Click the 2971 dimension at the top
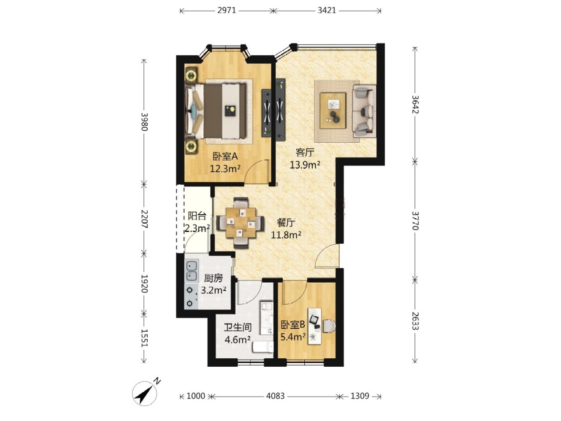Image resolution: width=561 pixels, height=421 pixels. tap(226, 11)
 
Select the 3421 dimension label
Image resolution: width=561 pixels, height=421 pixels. tap(327, 11)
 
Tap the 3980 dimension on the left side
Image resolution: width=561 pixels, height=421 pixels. tap(145, 122)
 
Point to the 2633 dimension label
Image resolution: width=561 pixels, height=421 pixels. tap(415, 321)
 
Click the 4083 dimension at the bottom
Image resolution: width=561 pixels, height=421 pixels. tap(275, 396)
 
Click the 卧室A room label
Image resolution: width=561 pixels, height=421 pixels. tap(225, 157)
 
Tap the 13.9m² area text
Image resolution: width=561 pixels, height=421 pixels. tap(305, 165)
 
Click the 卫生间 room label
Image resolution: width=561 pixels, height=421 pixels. tap(238, 328)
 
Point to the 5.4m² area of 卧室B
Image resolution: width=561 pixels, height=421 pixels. tap(293, 337)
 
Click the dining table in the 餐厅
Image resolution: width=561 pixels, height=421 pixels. tap(240, 222)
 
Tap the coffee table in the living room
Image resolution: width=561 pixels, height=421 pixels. tap(333, 111)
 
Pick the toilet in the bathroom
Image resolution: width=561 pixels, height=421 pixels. tap(263, 347)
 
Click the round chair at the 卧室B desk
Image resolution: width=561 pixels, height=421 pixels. tap(329, 326)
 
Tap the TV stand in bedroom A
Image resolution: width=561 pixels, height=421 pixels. tap(266, 113)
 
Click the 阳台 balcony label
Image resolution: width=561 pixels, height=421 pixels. tap(197, 216)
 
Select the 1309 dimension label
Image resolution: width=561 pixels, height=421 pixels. tap(359, 396)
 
